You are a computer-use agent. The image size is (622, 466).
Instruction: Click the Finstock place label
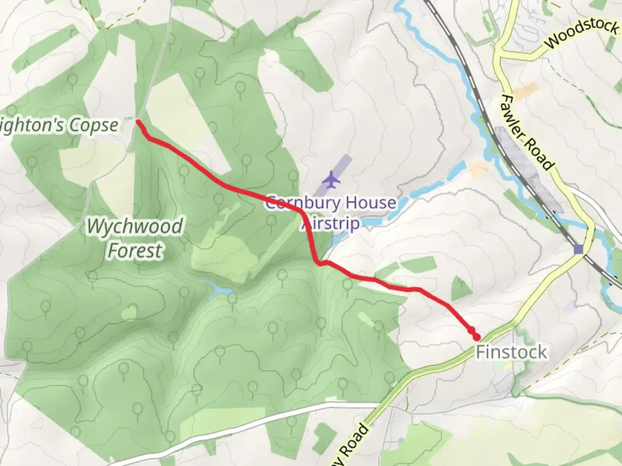[x=511, y=352]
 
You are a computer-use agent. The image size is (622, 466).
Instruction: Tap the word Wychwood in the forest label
[x=135, y=227]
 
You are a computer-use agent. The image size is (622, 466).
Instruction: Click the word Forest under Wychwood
[x=135, y=251]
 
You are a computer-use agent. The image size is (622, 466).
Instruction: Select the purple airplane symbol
[x=331, y=179]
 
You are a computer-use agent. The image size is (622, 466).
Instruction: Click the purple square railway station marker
[x=578, y=249]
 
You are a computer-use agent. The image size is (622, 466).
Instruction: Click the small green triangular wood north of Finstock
[x=459, y=288]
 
